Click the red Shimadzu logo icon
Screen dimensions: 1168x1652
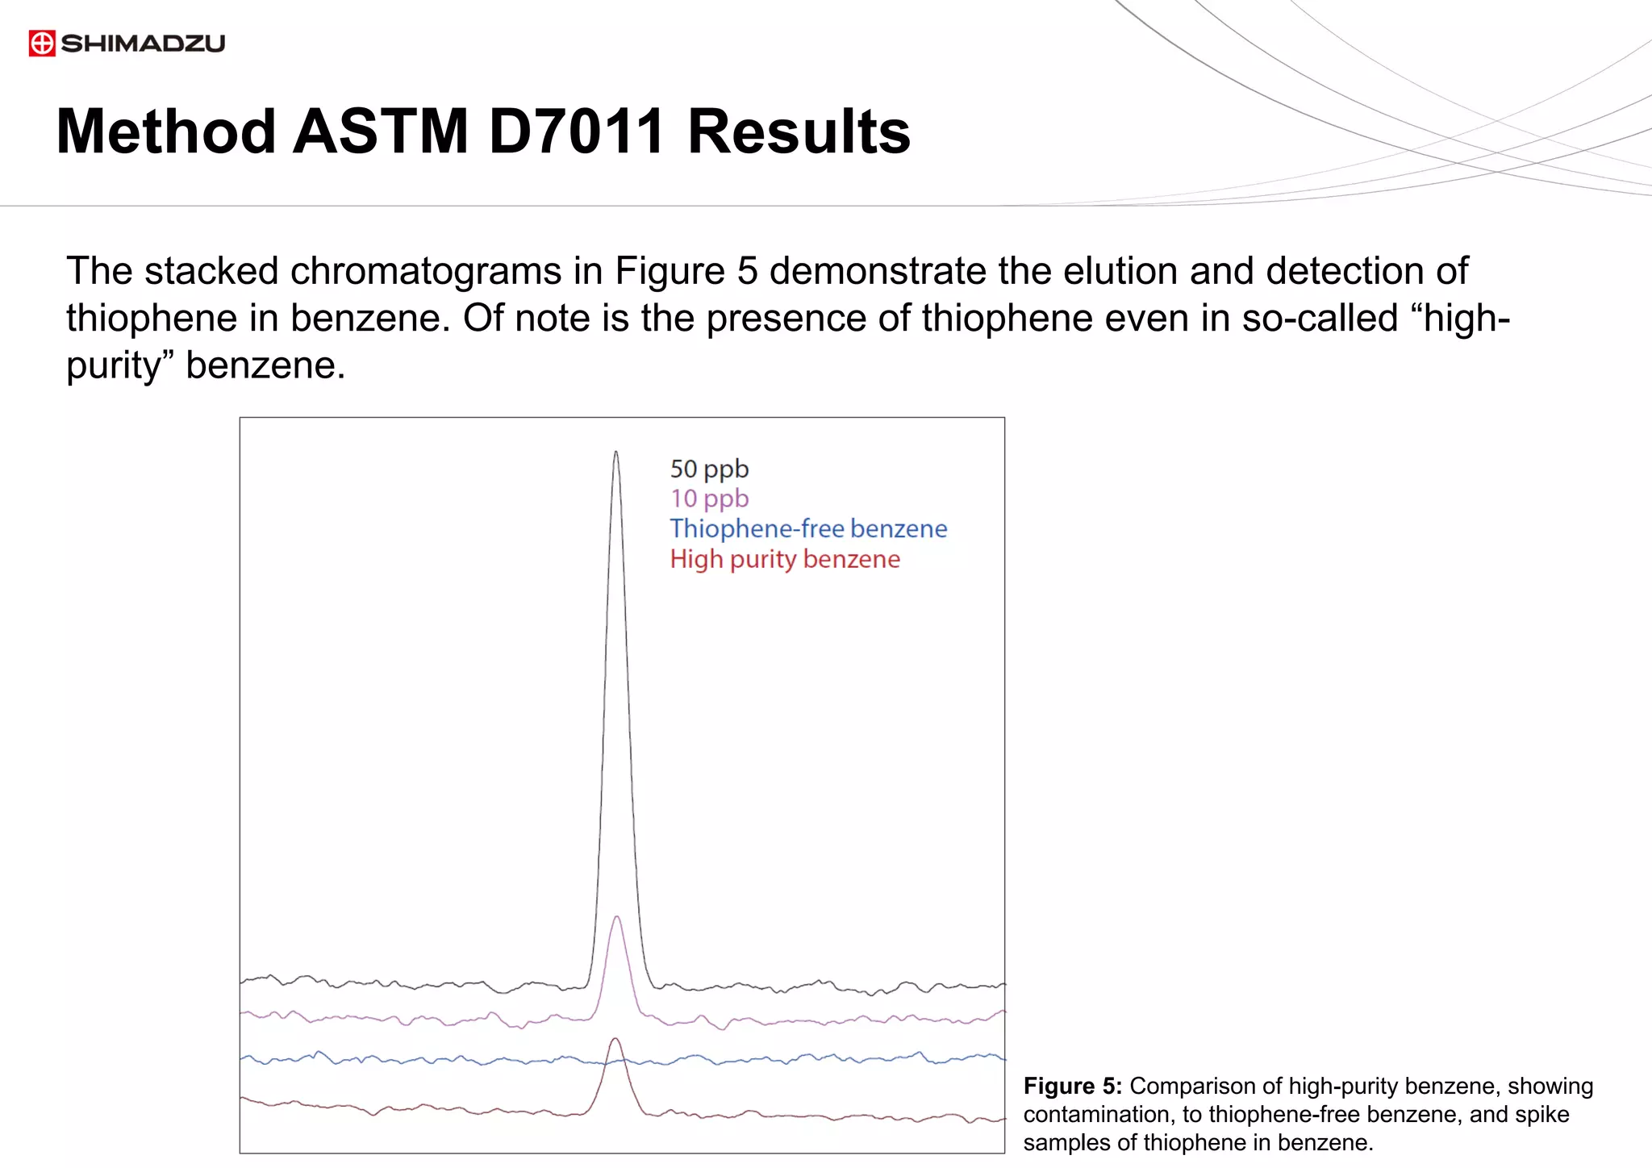pyautogui.click(x=42, y=43)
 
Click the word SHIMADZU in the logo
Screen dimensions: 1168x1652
pyautogui.click(x=143, y=43)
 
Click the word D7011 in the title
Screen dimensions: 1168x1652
pyautogui.click(x=577, y=131)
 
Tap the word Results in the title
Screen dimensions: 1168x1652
pyautogui.click(x=799, y=131)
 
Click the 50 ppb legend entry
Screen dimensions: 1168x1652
pyautogui.click(x=709, y=469)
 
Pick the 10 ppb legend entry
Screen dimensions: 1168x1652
pyautogui.click(x=709, y=498)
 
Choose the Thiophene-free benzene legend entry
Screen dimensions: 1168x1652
pyautogui.click(x=808, y=528)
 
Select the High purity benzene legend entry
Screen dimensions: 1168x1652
pyautogui.click(x=785, y=559)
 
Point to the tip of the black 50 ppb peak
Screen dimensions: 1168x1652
pyautogui.click(x=616, y=453)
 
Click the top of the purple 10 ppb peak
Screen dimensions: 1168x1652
pyautogui.click(x=616, y=917)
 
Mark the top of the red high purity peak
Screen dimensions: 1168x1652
pyautogui.click(x=616, y=1039)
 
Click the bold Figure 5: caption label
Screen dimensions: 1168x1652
pyautogui.click(x=1072, y=1087)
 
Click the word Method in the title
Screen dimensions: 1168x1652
pyautogui.click(x=166, y=131)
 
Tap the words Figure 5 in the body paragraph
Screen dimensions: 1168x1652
pyautogui.click(x=686, y=271)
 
